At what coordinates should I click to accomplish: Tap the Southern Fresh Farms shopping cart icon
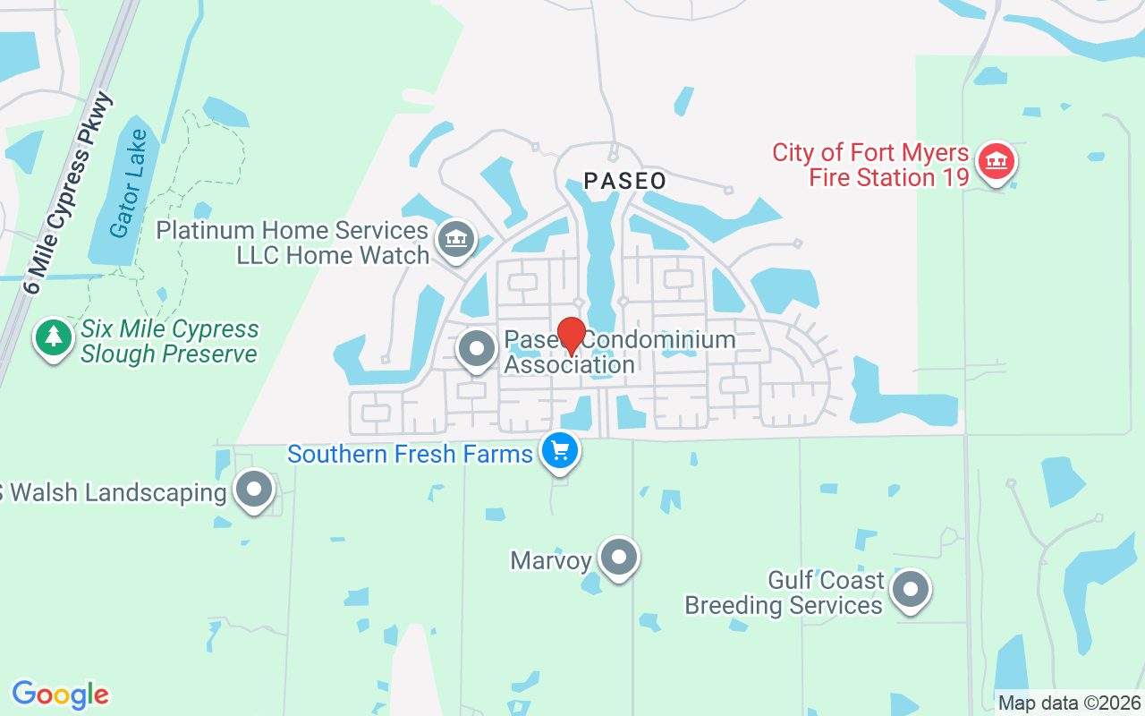pyautogui.click(x=561, y=450)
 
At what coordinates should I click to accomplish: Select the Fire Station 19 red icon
pyautogui.click(x=994, y=162)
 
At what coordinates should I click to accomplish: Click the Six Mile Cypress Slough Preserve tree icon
pyautogui.click(x=55, y=338)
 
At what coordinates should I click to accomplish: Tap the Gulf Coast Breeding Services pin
pyautogui.click(x=911, y=589)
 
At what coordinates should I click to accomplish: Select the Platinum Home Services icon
pyautogui.click(x=456, y=238)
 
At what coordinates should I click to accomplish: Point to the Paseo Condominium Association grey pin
pyautogui.click(x=476, y=349)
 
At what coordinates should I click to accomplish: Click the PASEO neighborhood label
pyautogui.click(x=625, y=181)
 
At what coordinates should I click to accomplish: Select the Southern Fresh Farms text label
pyautogui.click(x=410, y=454)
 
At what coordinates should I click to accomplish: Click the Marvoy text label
pyautogui.click(x=551, y=561)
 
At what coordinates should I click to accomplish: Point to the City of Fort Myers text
pyautogui.click(x=870, y=152)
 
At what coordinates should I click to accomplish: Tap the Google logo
pyautogui.click(x=60, y=695)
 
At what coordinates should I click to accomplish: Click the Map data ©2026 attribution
pyautogui.click(x=1070, y=703)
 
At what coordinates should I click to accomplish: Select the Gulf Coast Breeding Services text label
pyautogui.click(x=785, y=592)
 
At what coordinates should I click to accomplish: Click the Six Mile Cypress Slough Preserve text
pyautogui.click(x=169, y=342)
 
